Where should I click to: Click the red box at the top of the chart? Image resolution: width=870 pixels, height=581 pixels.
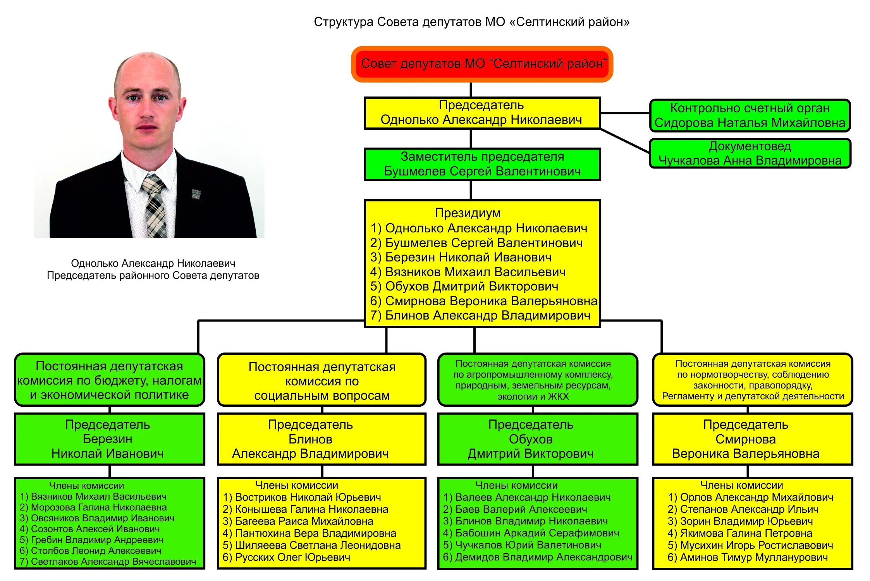coord(482,64)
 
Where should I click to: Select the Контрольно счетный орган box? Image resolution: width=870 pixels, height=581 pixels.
coord(750,115)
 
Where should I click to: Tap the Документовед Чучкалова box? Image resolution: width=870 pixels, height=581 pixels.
coord(750,153)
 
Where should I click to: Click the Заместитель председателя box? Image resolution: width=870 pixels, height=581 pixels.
coord(482,164)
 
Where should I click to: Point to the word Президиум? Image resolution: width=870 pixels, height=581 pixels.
coord(468,213)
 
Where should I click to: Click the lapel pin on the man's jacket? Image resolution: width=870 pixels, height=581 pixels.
coord(196,193)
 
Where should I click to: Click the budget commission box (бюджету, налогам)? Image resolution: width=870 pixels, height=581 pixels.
coord(109,380)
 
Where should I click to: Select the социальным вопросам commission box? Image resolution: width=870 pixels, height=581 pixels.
coord(322,381)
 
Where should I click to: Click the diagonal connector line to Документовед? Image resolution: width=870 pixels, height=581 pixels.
coord(624,141)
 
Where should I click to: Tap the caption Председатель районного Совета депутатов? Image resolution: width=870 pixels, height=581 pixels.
coord(153,275)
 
